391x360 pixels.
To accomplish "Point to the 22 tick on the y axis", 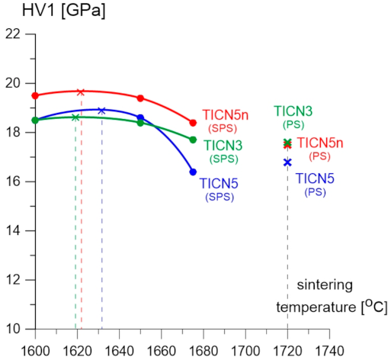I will click(x=13, y=34).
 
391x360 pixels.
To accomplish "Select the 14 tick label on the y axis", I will click(x=13, y=231).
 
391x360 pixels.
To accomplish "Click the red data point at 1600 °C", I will click(x=35, y=95).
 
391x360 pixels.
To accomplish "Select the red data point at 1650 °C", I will click(x=140, y=98).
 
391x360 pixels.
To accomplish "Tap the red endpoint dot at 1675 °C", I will click(x=193, y=123).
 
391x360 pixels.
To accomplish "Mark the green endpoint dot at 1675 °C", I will click(x=193, y=140).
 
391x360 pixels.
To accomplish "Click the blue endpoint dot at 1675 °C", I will click(x=193, y=172).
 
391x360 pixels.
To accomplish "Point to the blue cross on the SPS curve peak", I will click(x=101, y=111).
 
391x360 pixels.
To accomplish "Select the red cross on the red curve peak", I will click(x=81, y=92).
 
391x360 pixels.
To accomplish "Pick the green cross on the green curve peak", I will click(x=75, y=117).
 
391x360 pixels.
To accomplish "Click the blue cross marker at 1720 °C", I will click(x=287, y=162).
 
